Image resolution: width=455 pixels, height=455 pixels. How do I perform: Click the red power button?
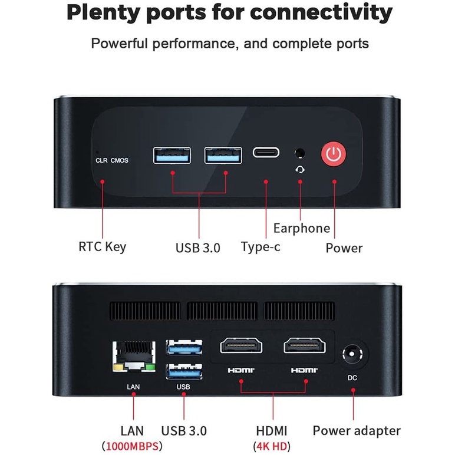coord(334,154)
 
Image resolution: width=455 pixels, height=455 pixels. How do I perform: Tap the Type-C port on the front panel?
coord(266,153)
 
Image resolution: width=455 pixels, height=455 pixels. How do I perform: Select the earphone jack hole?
coord(301,153)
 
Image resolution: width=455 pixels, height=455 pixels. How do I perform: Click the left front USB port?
coord(172,155)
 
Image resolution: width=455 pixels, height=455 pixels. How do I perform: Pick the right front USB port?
coord(223,155)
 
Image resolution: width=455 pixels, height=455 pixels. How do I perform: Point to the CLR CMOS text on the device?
coord(112,160)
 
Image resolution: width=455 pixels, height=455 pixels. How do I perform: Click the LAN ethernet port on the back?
coord(133,357)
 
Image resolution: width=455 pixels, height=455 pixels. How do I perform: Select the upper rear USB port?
coord(184,347)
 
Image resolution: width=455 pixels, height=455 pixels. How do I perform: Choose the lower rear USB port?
coord(184,372)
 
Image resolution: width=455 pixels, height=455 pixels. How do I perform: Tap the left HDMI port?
coord(242,345)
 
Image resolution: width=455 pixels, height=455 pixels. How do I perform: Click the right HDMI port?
coord(305,345)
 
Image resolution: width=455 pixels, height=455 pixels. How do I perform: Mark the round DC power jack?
coord(352,356)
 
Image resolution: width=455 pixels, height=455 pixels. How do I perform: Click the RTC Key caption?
coord(102,246)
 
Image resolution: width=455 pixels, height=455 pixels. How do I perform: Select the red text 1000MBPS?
coord(133,446)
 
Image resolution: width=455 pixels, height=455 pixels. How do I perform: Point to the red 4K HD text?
coord(272,446)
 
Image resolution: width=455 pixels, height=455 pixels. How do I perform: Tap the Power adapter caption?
coord(357,431)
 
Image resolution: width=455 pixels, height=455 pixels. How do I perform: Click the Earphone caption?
coord(302,228)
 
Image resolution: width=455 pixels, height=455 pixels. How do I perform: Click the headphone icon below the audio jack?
coord(301,170)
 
